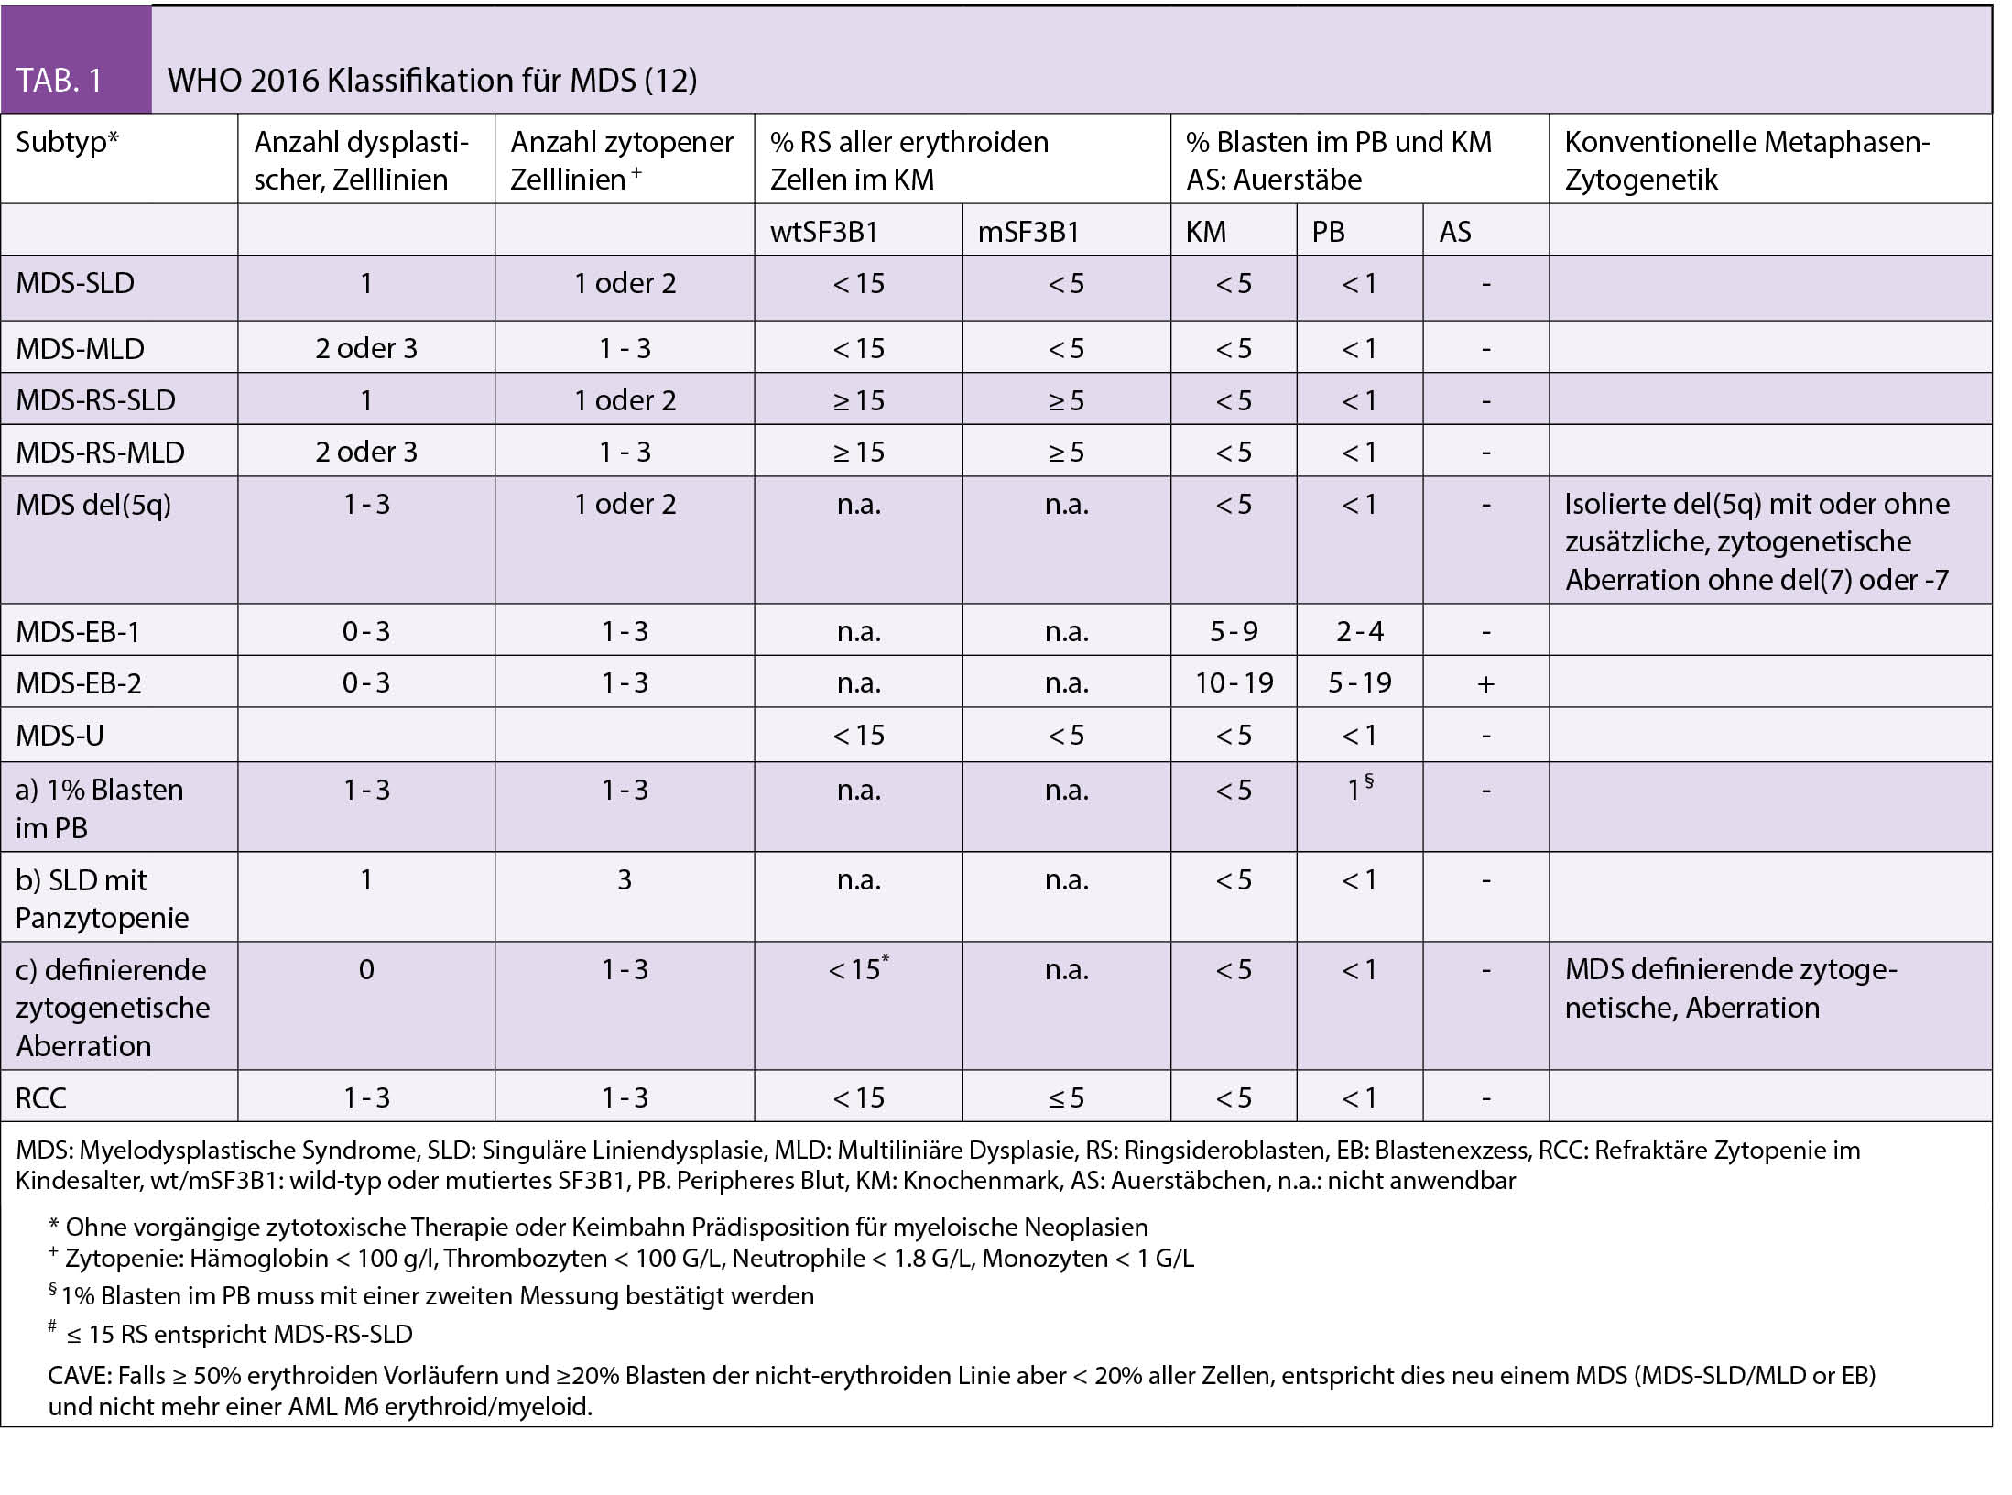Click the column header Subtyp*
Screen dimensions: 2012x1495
(68, 142)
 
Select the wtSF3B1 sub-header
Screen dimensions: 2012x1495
(824, 232)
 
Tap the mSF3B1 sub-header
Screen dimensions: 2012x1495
(1029, 232)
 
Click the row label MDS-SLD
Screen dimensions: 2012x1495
(75, 283)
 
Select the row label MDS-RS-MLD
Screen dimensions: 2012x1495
(101, 453)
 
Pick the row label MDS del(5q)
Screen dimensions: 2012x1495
(93, 505)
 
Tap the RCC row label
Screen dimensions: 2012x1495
(41, 1097)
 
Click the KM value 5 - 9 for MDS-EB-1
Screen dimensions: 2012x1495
(1234, 631)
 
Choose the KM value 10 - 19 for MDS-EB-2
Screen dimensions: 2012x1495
(1234, 682)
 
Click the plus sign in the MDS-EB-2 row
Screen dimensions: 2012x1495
(1485, 683)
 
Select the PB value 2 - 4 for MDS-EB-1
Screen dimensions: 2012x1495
(1360, 631)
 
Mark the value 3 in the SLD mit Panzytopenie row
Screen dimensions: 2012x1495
(625, 880)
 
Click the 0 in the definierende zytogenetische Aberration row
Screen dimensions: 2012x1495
(366, 970)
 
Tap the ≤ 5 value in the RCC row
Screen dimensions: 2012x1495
(1066, 1097)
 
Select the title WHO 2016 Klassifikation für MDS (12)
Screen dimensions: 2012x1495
(432, 81)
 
